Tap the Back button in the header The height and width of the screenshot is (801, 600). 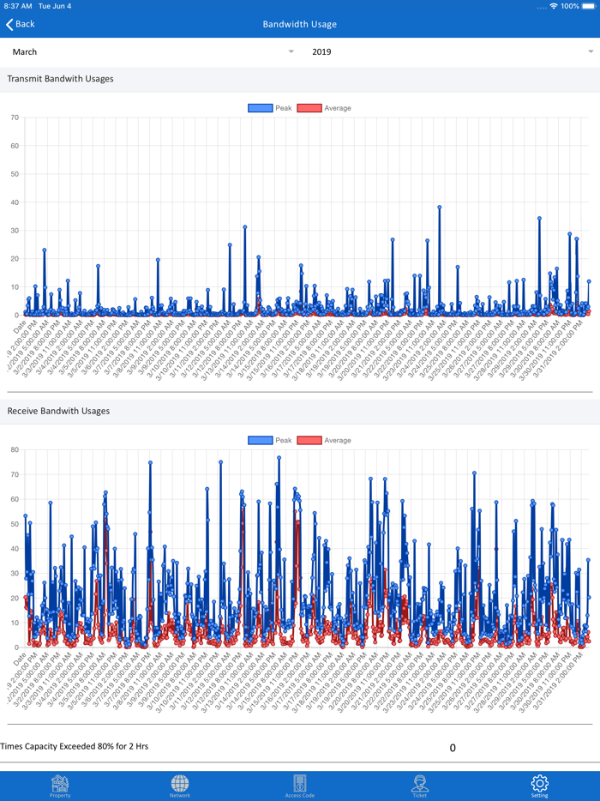21,24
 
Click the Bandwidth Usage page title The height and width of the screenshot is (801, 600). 300,24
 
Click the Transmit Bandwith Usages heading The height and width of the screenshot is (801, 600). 60,79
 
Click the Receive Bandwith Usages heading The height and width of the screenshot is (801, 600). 58,411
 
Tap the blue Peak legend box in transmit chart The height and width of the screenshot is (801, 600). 260,108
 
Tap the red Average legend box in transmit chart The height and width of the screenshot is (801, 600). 309,108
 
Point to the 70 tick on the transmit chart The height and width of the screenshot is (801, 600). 15,117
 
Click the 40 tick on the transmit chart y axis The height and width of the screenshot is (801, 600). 15,202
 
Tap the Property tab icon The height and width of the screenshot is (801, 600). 60,785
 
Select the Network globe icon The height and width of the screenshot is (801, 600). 180,785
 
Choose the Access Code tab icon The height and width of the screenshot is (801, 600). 300,785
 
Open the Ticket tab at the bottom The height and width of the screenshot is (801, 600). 420,785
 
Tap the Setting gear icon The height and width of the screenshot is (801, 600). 539,785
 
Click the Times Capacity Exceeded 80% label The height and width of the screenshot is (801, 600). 75,746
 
